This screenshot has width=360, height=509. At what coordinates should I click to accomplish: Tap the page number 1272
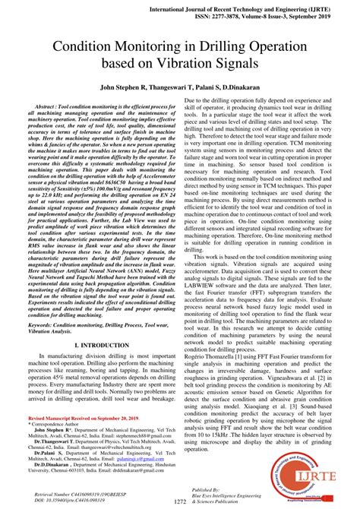pyautogui.click(x=179, y=501)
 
